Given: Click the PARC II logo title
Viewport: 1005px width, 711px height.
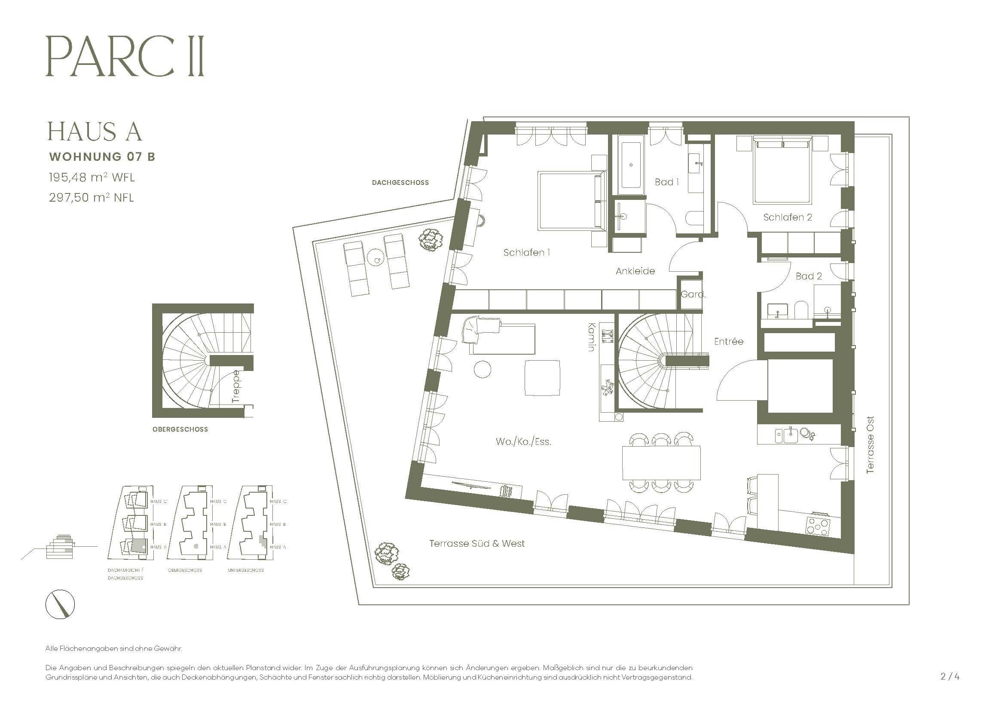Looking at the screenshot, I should [125, 57].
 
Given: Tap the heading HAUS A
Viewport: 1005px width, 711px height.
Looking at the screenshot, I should [95, 132].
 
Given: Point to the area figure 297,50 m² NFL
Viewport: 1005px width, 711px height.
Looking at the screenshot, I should [91, 197].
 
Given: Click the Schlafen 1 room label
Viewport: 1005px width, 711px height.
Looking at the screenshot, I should [526, 253].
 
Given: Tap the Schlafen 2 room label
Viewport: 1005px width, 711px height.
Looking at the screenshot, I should [787, 217].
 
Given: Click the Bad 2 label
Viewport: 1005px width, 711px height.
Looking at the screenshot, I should [809, 276].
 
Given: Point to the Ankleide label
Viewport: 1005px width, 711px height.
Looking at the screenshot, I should [635, 271].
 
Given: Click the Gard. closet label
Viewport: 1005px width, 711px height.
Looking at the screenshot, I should [693, 294].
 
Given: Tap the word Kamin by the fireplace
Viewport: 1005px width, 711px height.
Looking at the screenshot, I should [592, 337].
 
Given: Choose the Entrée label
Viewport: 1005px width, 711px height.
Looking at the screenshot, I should [728, 341].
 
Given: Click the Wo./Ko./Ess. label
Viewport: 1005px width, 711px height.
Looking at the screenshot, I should [523, 442].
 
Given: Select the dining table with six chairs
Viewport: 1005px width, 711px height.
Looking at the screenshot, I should [661, 463].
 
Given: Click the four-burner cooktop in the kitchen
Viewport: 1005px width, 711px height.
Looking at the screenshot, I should [817, 525].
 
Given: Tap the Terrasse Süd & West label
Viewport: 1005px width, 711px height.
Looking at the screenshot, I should [477, 544].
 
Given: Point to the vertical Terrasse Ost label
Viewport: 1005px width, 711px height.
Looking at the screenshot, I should [870, 444].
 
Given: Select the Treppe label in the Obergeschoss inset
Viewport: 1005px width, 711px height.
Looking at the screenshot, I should [236, 386].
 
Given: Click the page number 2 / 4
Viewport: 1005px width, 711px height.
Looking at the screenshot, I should [950, 676].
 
